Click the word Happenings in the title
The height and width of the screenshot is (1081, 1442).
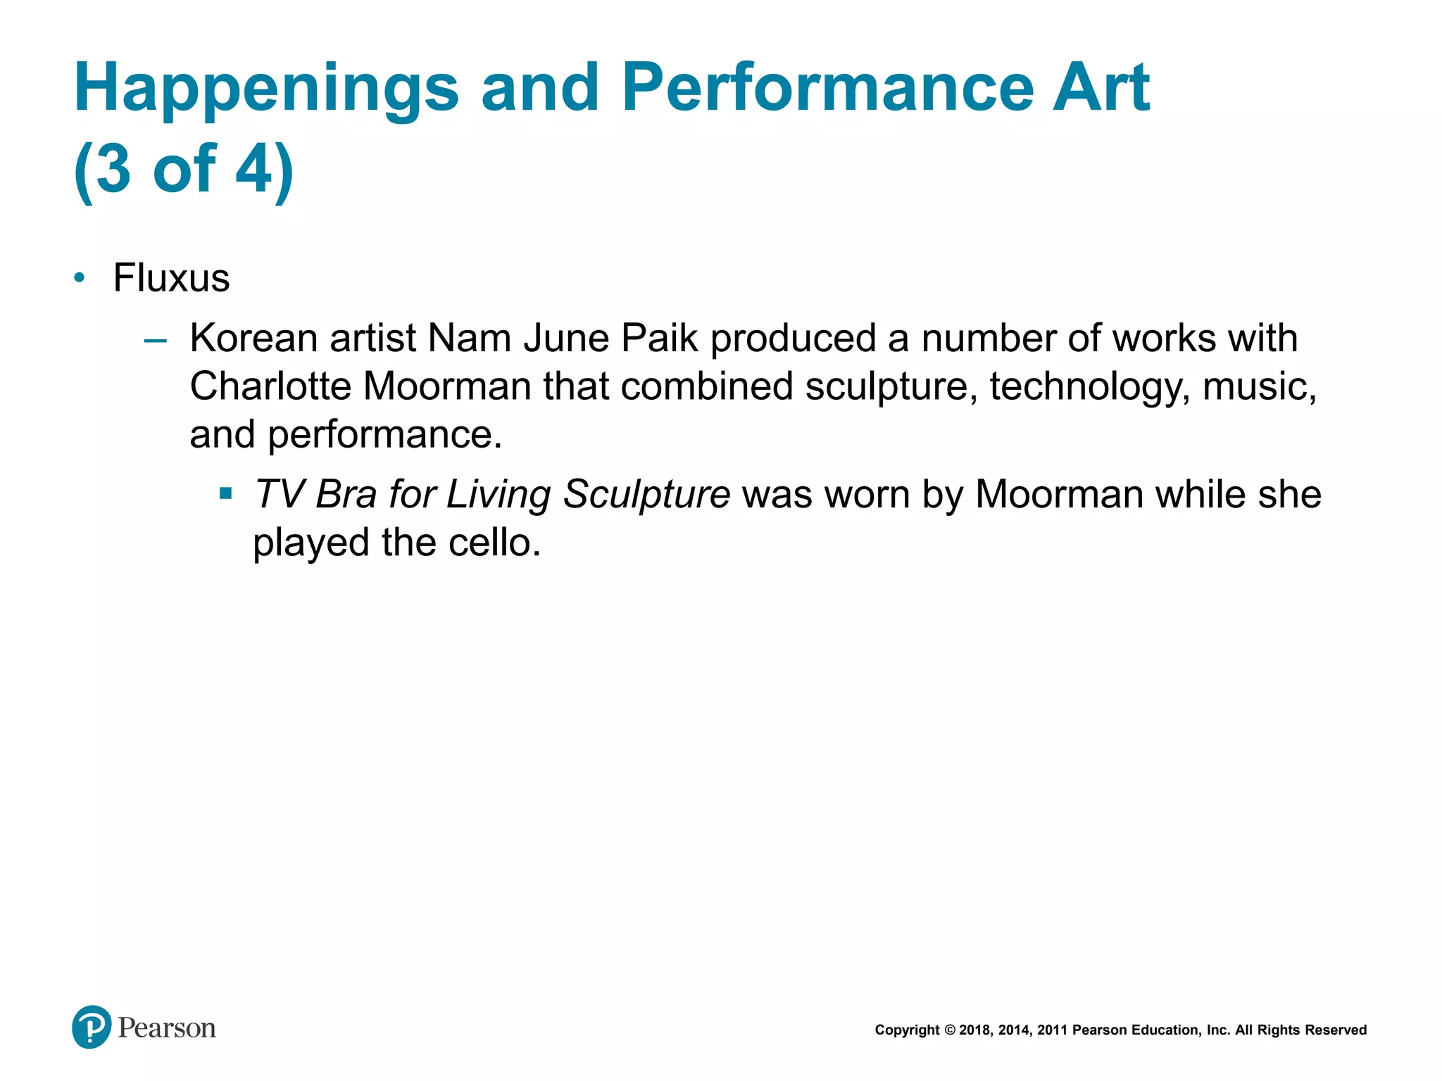coord(266,89)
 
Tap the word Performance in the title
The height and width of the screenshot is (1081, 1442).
coord(827,88)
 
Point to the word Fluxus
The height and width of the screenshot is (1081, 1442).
coord(171,278)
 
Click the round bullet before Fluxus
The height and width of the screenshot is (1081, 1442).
coord(80,279)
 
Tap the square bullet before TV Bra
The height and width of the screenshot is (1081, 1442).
coord(225,493)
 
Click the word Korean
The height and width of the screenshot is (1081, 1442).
coord(253,339)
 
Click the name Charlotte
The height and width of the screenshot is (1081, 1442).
coord(270,386)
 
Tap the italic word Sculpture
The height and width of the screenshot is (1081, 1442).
coord(646,495)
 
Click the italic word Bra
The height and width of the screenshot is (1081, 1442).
coord(346,494)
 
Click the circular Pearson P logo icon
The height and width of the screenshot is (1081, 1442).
coord(92,1027)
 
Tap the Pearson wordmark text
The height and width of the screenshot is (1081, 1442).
coord(167,1028)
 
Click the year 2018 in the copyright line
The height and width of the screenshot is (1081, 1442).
coord(974,1030)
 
